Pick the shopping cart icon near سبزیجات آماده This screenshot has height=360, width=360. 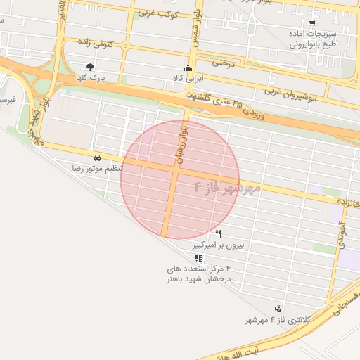pyautogui.click(x=313, y=23)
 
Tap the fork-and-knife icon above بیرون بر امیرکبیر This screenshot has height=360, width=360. pyautogui.click(x=218, y=233)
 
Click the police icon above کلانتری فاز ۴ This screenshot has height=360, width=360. pyautogui.click(x=278, y=309)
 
